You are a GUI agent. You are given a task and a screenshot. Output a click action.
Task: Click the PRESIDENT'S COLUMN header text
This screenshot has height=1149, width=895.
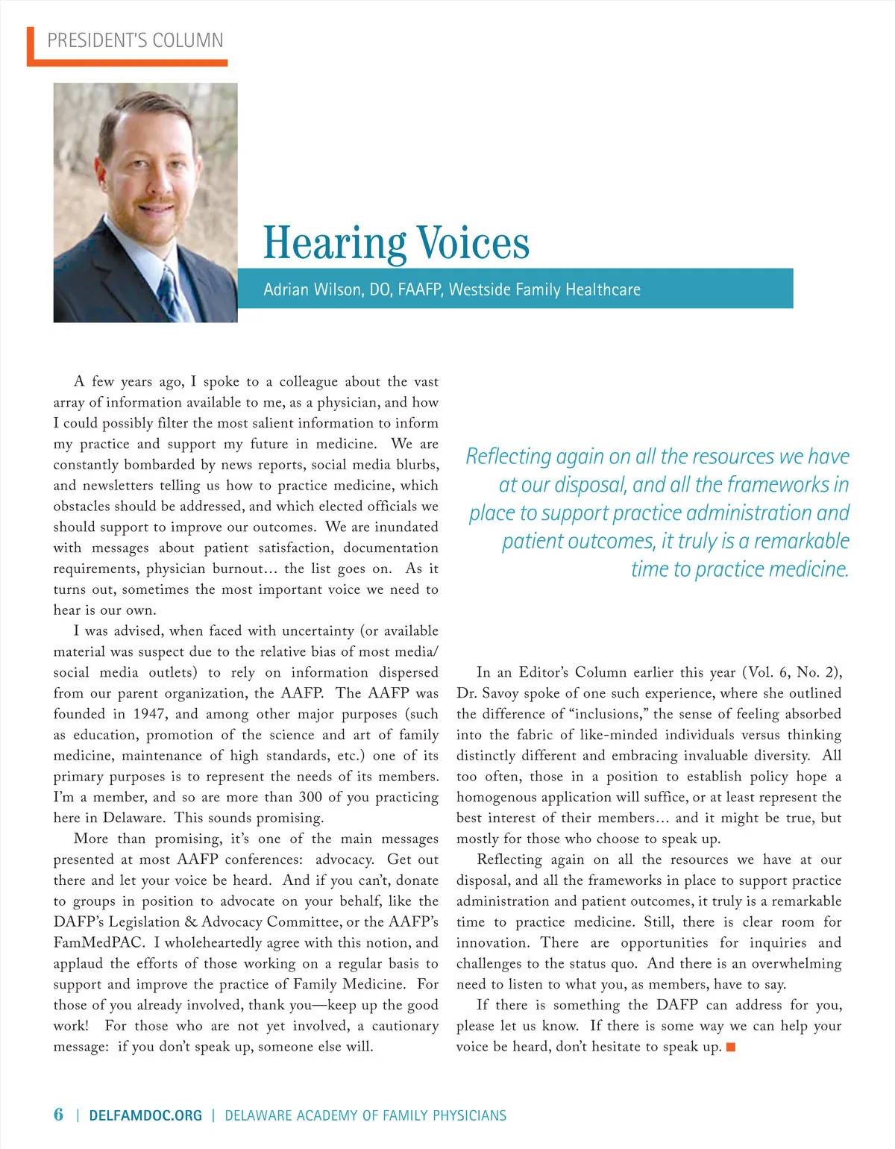pos(135,40)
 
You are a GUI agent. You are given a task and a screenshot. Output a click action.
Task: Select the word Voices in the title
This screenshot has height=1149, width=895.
pos(473,243)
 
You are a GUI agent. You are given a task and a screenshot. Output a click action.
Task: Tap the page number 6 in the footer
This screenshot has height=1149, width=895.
pos(58,1115)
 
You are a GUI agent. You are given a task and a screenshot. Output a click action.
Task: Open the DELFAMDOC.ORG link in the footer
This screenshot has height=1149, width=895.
pos(145,1115)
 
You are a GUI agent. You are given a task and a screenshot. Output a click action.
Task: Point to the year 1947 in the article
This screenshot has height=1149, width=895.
pos(149,714)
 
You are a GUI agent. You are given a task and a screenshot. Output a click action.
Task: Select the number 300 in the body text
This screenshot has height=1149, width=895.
pos(310,797)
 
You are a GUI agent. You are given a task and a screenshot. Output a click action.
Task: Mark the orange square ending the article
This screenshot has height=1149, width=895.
pos(731,1048)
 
